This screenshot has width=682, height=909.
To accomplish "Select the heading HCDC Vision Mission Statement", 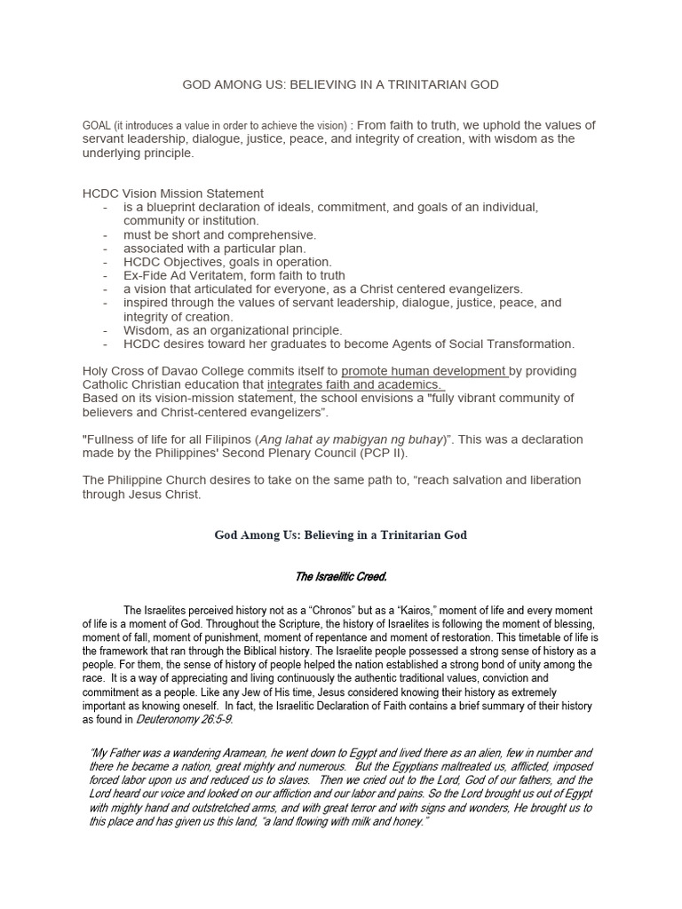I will (x=173, y=193).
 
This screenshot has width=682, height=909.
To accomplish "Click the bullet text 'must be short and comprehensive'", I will (x=219, y=234).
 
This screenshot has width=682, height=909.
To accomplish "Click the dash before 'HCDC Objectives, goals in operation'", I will (x=106, y=262).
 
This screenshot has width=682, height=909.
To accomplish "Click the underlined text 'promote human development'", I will (x=424, y=370).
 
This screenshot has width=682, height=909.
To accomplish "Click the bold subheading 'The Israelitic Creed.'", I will (x=340, y=577).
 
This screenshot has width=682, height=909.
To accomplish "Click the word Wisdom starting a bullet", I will (x=146, y=330).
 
